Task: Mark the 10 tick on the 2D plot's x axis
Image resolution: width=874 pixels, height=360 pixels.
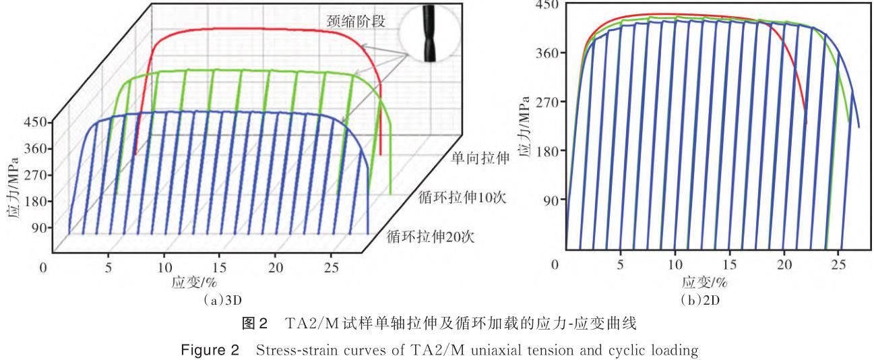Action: (x=675, y=264)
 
